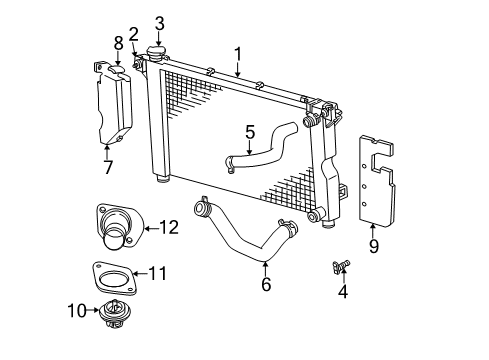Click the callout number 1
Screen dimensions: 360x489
(238, 53)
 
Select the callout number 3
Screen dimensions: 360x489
(159, 23)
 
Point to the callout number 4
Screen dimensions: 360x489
(343, 293)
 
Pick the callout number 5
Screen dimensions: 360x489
(251, 132)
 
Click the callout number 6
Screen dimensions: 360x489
(266, 285)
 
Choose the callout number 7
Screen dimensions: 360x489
(107, 166)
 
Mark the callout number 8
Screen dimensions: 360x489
(118, 43)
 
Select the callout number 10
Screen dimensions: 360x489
(76, 311)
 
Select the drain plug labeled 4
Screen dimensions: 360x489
(340, 267)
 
